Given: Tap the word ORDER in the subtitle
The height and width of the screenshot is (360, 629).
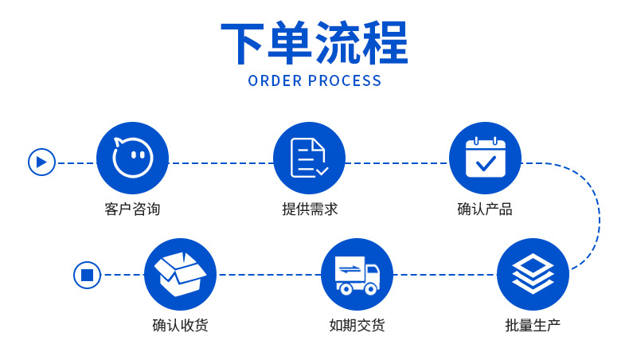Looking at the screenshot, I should click(274, 80).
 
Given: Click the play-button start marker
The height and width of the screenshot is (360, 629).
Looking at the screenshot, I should click(41, 162).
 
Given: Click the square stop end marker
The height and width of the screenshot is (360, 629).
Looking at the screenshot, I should click(87, 275).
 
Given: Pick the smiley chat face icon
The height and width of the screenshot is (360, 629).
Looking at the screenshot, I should click(132, 158).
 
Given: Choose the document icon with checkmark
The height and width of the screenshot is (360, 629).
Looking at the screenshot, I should click(309, 158).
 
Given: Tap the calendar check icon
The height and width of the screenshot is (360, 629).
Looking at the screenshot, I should click(485, 158).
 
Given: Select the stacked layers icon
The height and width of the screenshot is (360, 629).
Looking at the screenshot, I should click(533, 274).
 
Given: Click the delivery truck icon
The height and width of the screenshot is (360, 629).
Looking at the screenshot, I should click(357, 274).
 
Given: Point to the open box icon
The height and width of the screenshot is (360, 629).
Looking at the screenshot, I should click(180, 274).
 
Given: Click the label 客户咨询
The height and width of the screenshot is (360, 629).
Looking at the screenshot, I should click(132, 209).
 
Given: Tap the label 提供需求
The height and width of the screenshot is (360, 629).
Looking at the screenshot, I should click(309, 209).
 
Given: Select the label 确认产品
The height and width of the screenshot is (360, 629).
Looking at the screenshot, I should click(485, 209).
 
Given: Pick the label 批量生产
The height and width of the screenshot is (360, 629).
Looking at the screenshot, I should click(533, 326).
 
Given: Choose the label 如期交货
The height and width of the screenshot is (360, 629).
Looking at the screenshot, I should click(357, 326).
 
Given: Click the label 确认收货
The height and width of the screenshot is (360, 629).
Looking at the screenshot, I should click(180, 326).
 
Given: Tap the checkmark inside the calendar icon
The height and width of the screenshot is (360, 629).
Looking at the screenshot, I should click(485, 164).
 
